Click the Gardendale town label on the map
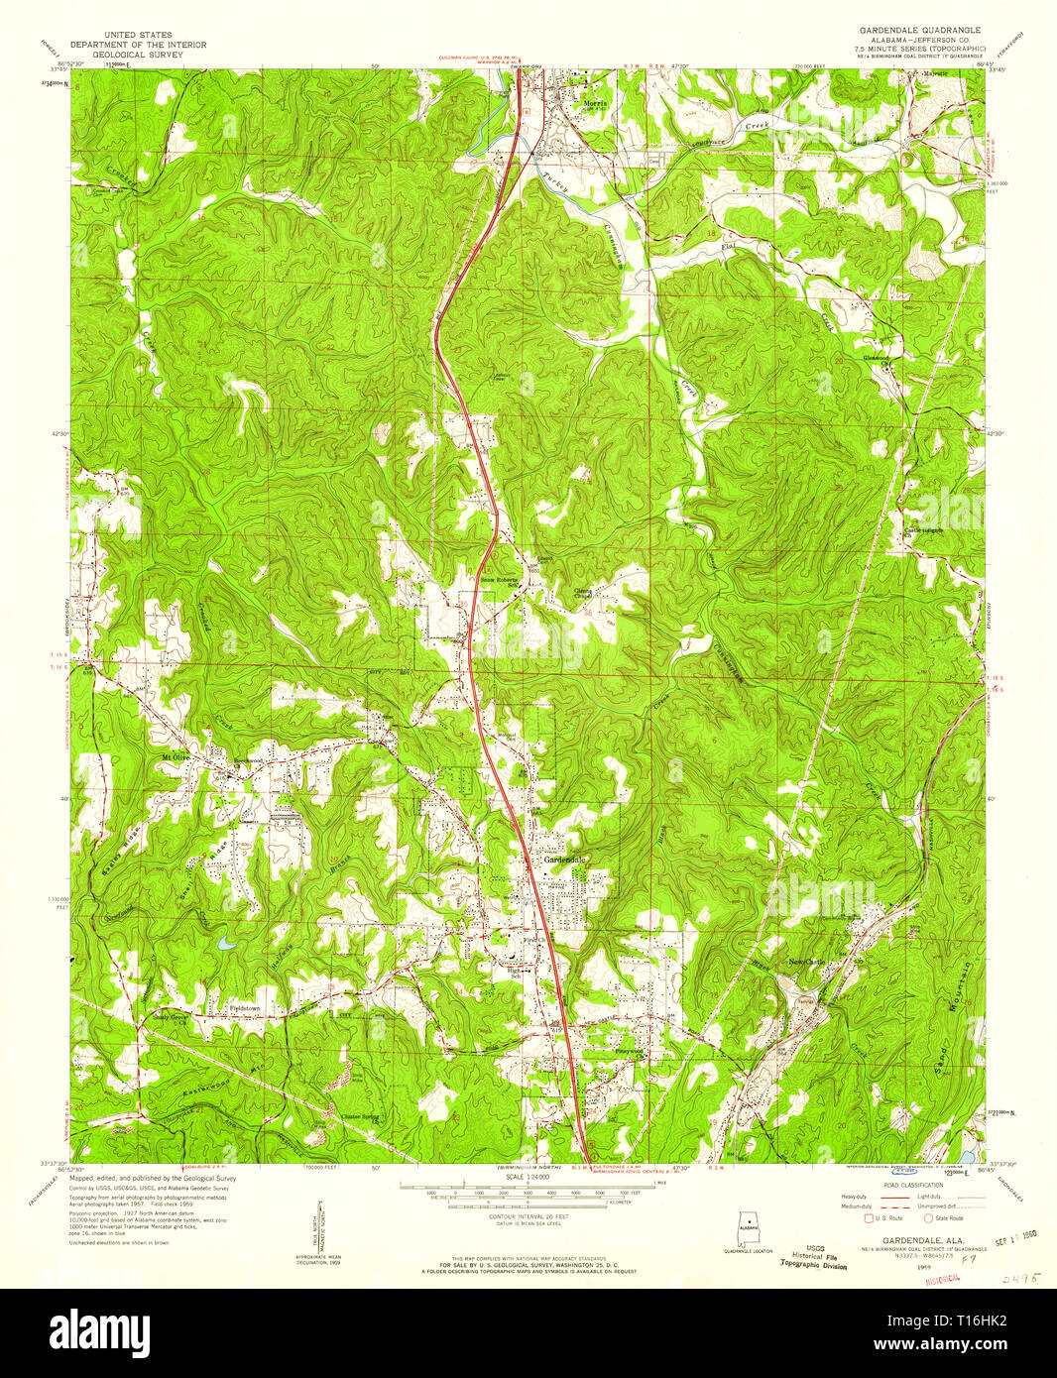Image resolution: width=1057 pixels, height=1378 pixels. [x=566, y=860]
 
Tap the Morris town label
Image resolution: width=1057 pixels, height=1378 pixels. [x=594, y=103]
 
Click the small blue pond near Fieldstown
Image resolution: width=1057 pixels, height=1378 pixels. [x=227, y=944]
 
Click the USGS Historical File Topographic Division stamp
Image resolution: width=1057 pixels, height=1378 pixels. [x=813, y=1257]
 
